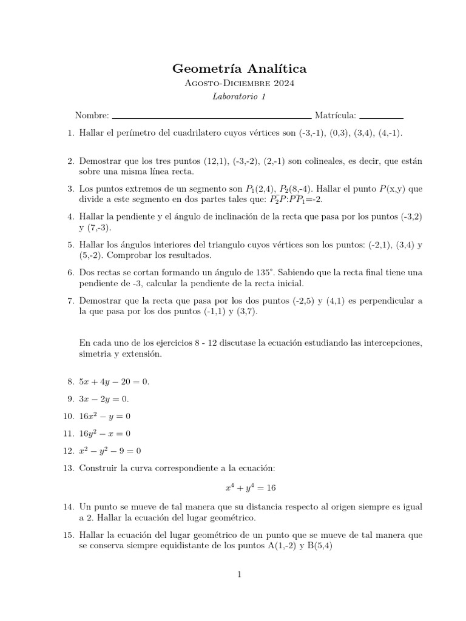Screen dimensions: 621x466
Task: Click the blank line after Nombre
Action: (x=212, y=116)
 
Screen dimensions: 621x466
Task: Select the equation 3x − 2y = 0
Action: (x=104, y=399)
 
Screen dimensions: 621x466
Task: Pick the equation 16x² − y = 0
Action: (x=105, y=416)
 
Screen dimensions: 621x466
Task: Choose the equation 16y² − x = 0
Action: (x=105, y=434)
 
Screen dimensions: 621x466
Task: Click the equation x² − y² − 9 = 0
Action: (x=110, y=451)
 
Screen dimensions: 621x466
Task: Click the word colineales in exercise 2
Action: (x=303, y=161)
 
